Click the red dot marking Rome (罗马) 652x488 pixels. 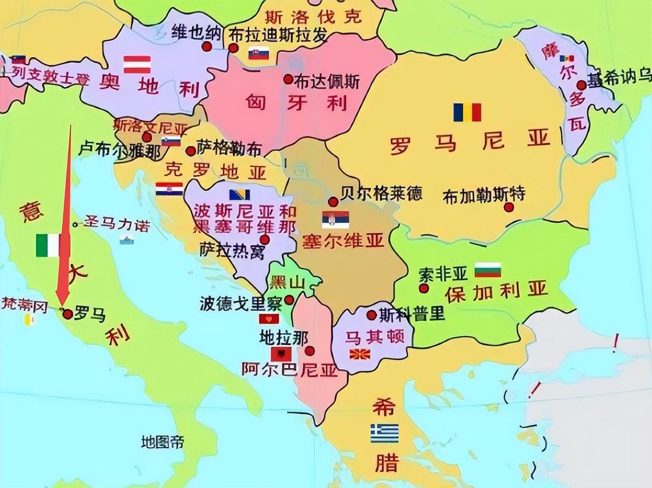coord(68,314)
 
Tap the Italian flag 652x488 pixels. coord(48,245)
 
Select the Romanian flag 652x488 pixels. coord(467,113)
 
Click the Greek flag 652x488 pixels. coord(384,433)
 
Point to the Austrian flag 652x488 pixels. coord(137,65)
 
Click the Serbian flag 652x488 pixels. coord(336,219)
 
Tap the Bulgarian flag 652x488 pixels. coord(488,270)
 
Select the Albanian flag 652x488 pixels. coord(281,354)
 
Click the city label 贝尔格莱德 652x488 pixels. coord(382,193)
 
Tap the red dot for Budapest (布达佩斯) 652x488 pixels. coord(288,80)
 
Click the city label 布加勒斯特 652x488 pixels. coord(484,195)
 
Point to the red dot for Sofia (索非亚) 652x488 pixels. coord(424,288)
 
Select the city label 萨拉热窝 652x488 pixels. coord(232,251)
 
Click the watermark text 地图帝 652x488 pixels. coord(163,442)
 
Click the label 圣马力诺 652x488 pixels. coord(116,224)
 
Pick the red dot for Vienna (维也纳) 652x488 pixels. coord(206,47)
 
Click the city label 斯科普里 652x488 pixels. coord(412,314)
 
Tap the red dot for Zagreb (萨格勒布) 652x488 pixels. coord(191,151)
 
